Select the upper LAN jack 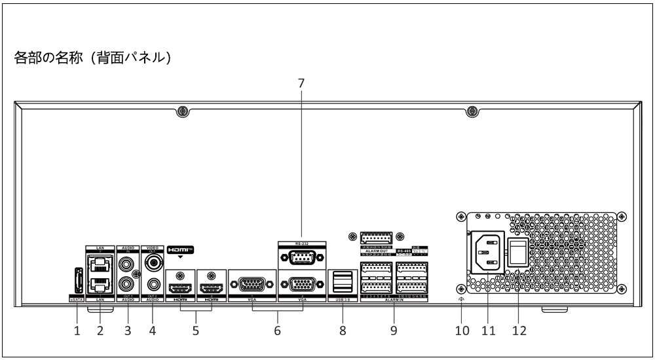(100, 264)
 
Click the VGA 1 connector (252, 284)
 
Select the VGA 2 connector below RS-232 (301, 284)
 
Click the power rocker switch (519, 251)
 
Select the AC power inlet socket (487, 249)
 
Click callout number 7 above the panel (301, 83)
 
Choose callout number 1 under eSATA (77, 331)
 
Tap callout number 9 (392, 331)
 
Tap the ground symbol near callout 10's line (462, 300)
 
